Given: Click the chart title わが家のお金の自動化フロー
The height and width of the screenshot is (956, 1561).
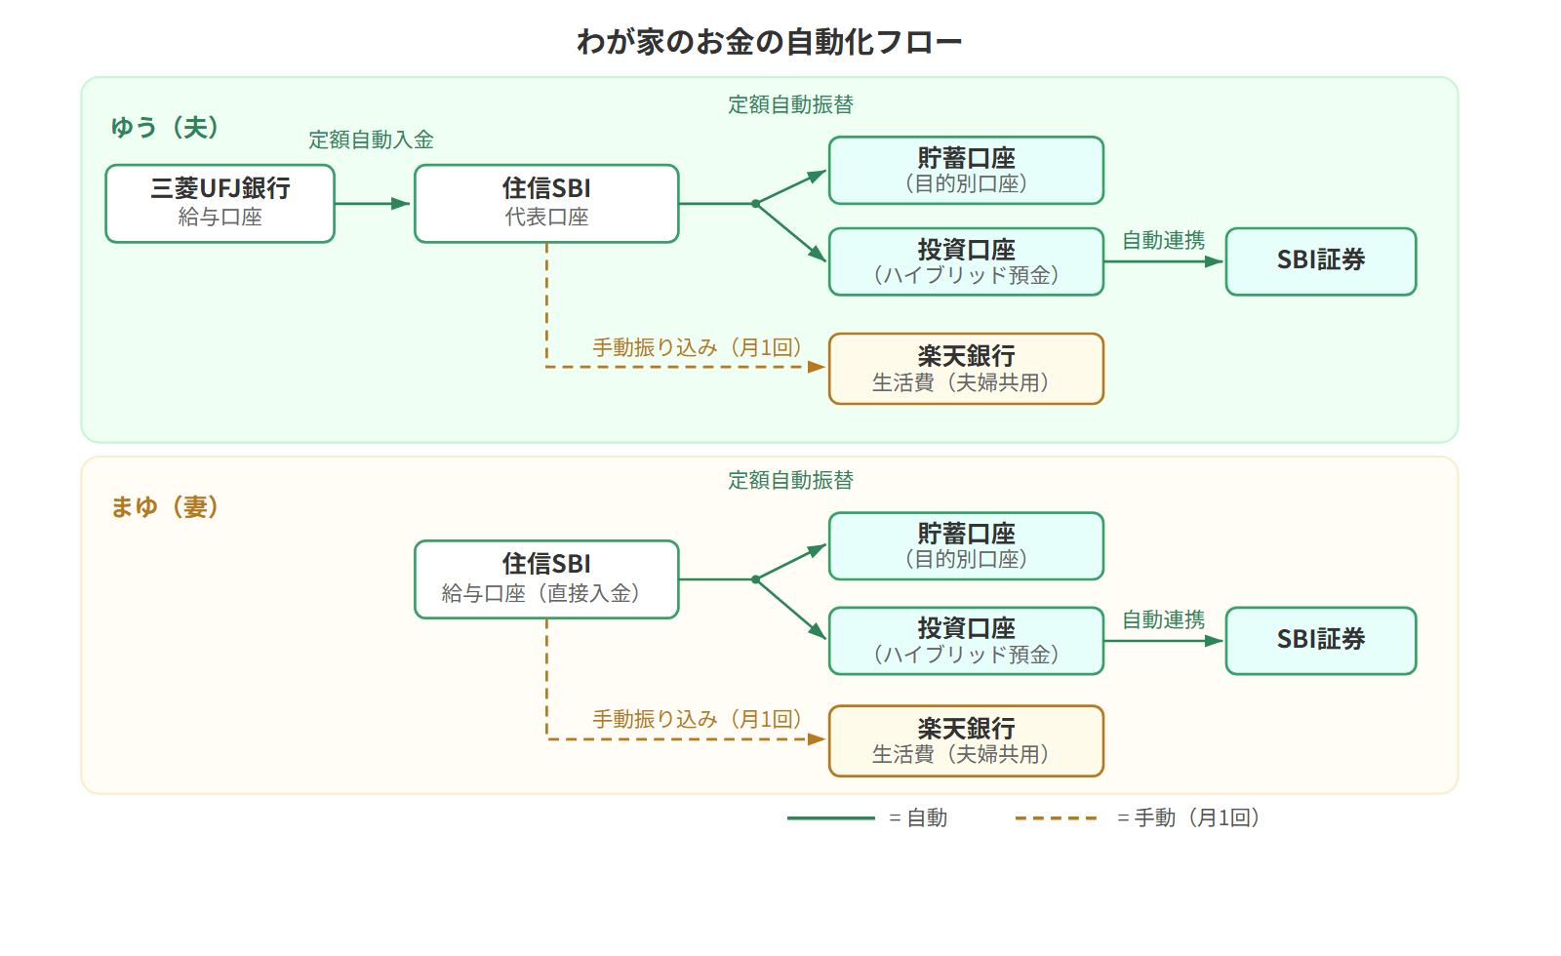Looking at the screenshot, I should [769, 42].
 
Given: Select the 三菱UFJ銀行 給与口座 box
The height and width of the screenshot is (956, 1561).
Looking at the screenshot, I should [220, 203].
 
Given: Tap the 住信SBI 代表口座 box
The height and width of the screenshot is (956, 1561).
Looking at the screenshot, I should [546, 203].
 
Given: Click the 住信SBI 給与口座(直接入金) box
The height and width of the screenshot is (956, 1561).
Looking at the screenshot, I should [546, 579].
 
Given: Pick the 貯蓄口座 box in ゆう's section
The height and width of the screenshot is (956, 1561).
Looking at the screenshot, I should [966, 170].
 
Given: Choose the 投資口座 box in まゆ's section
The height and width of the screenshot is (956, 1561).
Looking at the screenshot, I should [966, 641].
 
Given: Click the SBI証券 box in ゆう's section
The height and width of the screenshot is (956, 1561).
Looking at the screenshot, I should [1320, 260].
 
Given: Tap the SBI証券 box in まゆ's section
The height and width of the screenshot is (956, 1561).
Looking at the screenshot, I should [1320, 640].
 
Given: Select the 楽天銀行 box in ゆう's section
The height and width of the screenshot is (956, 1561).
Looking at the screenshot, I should [966, 369].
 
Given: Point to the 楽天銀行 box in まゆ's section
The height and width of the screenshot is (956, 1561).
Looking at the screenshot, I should [966, 740].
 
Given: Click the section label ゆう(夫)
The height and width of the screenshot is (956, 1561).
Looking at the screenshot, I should [164, 128].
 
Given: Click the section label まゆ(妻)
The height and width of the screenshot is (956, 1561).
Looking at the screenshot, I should [164, 507].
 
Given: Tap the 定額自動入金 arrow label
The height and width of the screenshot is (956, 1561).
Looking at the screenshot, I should [371, 139].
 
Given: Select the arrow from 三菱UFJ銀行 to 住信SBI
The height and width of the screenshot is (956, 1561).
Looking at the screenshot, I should [373, 204].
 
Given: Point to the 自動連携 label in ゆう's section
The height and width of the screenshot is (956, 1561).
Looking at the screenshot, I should [1163, 240].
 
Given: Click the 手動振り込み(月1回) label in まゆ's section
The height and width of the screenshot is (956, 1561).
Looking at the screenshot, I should [697, 719].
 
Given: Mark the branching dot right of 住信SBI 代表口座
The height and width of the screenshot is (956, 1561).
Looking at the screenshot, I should [755, 204].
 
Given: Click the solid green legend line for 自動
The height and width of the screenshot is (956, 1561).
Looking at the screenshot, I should [830, 817].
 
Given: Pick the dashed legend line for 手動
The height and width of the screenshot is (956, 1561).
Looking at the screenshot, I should [1056, 817].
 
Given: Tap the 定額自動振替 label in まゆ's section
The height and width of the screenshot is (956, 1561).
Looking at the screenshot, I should [790, 480].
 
